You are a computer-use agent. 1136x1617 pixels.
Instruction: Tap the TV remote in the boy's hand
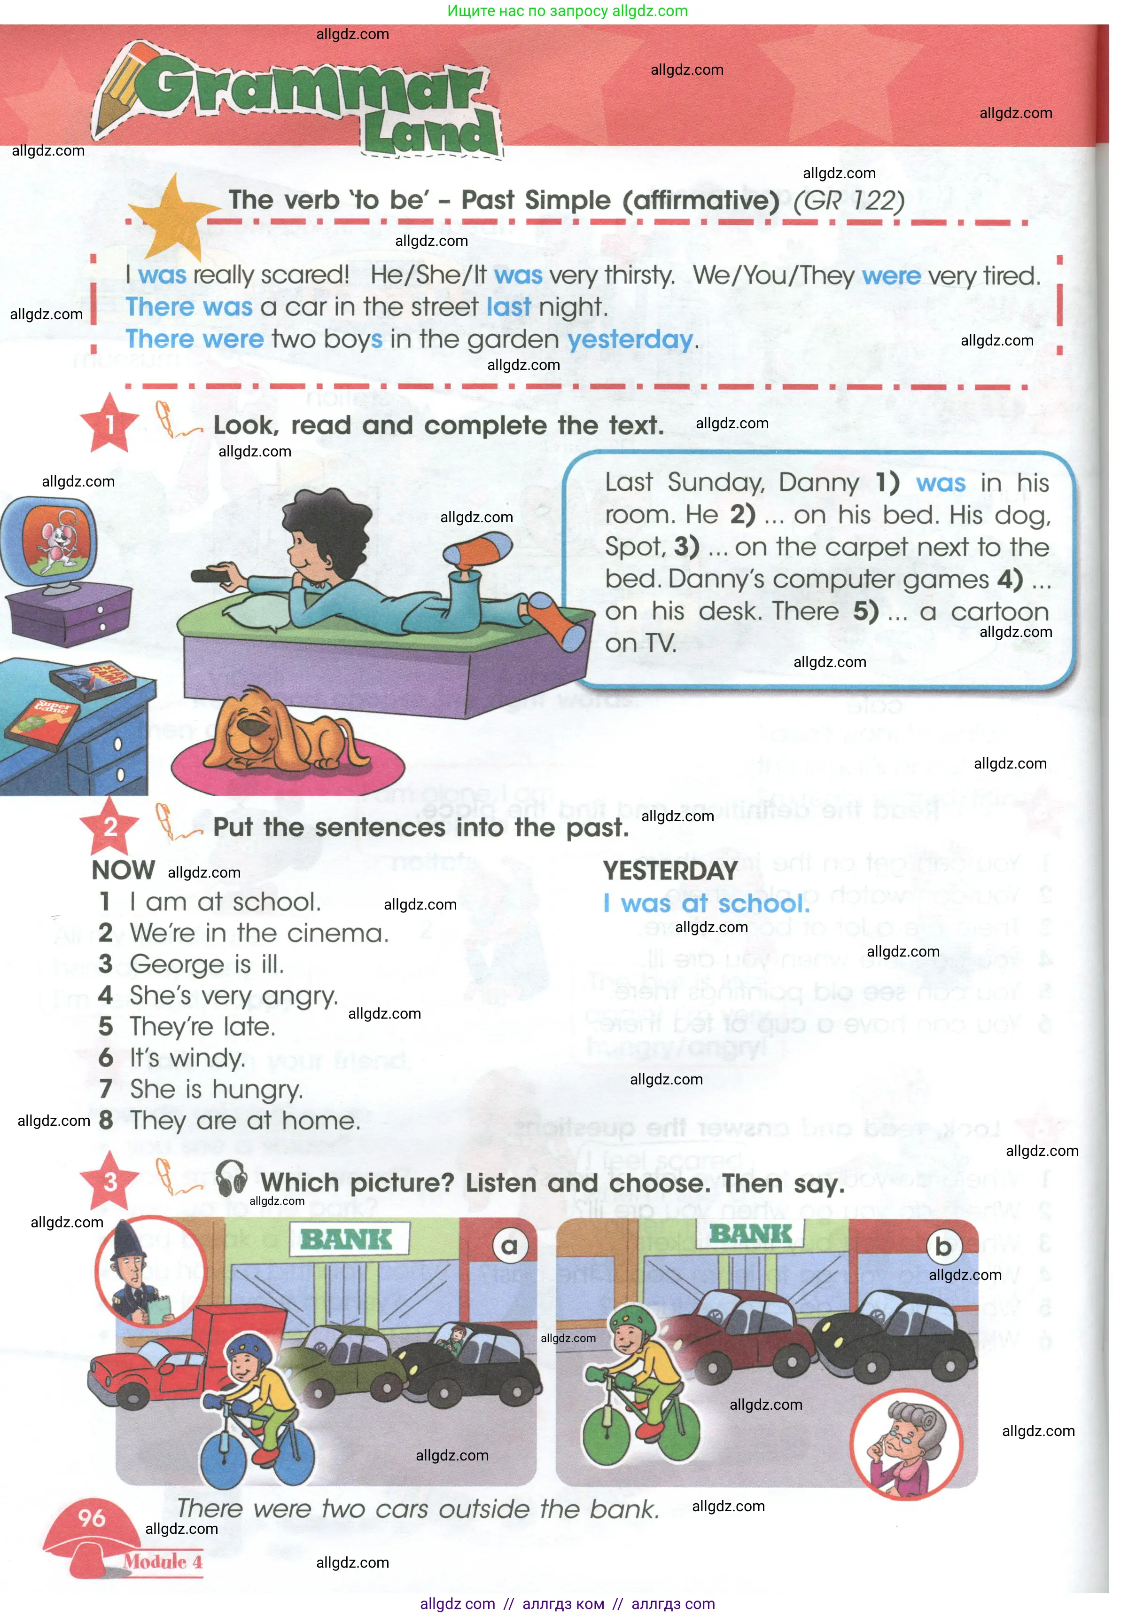point(211,575)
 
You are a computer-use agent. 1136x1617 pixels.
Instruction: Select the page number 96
point(92,1518)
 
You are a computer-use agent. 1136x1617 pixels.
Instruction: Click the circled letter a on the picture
point(509,1247)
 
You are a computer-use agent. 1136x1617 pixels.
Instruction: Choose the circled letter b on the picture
point(943,1247)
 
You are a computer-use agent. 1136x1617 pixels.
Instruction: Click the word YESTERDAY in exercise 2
point(669,871)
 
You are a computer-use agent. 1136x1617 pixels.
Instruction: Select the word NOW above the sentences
point(123,871)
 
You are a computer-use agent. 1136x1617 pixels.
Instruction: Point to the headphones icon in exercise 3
point(231,1178)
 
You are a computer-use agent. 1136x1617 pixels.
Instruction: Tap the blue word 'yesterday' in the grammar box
point(630,339)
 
